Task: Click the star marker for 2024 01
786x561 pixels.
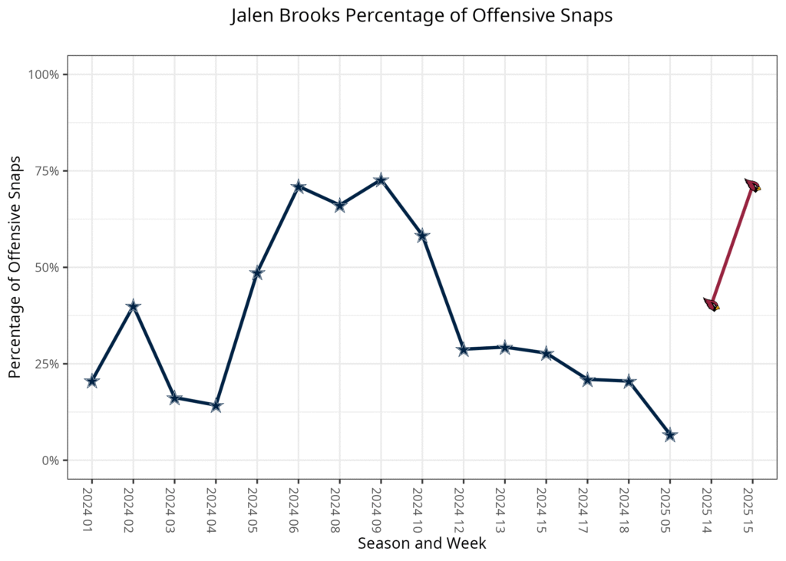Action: [x=92, y=381]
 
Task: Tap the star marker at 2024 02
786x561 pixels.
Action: [x=134, y=306]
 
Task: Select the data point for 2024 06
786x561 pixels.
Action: [x=299, y=187]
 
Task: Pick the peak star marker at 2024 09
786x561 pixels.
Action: [x=381, y=180]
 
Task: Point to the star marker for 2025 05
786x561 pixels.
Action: [x=669, y=435]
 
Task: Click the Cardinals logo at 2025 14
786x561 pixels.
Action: [x=712, y=305]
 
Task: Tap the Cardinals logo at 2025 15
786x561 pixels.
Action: [x=752, y=185]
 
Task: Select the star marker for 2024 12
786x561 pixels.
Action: [x=464, y=349]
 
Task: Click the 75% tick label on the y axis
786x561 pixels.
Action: [x=45, y=171]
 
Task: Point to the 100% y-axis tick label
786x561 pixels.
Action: [x=43, y=74]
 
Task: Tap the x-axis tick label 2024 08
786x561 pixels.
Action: [x=339, y=507]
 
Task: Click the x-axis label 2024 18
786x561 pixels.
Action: [x=629, y=507]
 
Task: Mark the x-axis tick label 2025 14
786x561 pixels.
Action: [x=711, y=507]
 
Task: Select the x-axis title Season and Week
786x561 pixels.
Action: [x=421, y=543]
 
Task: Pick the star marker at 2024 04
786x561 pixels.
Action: [x=216, y=405]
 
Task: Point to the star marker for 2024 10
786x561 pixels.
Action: [x=422, y=236]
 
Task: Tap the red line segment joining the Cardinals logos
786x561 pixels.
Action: [x=732, y=245]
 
